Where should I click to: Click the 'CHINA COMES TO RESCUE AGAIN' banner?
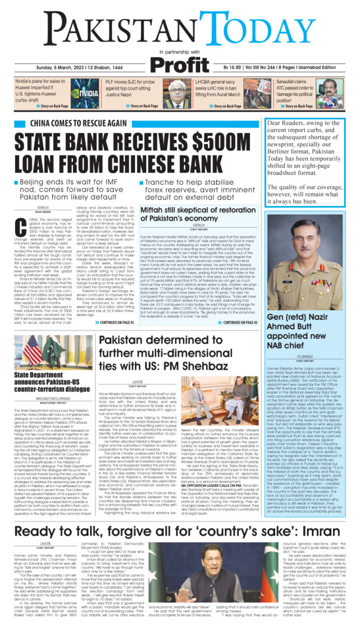pyautogui.click(x=78, y=124)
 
